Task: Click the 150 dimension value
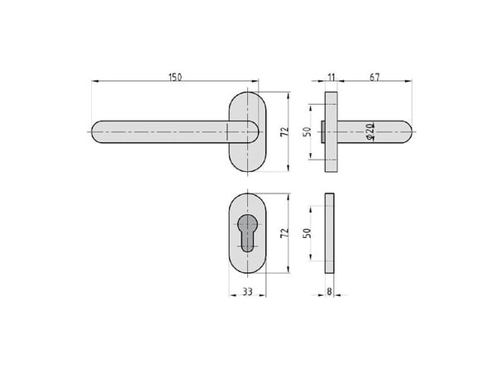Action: (175, 77)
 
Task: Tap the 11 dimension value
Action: (331, 77)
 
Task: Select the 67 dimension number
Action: (374, 77)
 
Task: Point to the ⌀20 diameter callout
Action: (370, 131)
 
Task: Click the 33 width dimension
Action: (247, 291)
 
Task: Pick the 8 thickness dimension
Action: (329, 291)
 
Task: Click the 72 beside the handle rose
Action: (284, 131)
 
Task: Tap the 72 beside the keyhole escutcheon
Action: (284, 233)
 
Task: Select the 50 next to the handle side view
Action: (308, 131)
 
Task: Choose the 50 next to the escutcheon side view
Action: (308, 233)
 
